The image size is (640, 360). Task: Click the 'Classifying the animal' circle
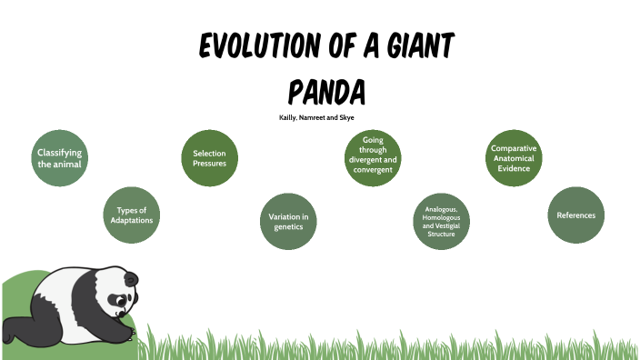pyautogui.click(x=59, y=158)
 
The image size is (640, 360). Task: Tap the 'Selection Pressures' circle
pyautogui.click(x=209, y=158)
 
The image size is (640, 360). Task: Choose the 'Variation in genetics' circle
pyautogui.click(x=288, y=221)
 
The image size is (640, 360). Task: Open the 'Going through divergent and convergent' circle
pyautogui.click(x=372, y=155)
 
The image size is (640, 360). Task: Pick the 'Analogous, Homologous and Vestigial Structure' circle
pyautogui.click(x=441, y=221)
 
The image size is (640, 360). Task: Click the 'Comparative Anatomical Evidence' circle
pyautogui.click(x=514, y=157)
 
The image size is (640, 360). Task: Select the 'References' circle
pyautogui.click(x=576, y=215)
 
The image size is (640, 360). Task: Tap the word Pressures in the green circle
pyautogui.click(x=209, y=164)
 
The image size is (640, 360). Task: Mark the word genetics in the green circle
pyautogui.click(x=288, y=226)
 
